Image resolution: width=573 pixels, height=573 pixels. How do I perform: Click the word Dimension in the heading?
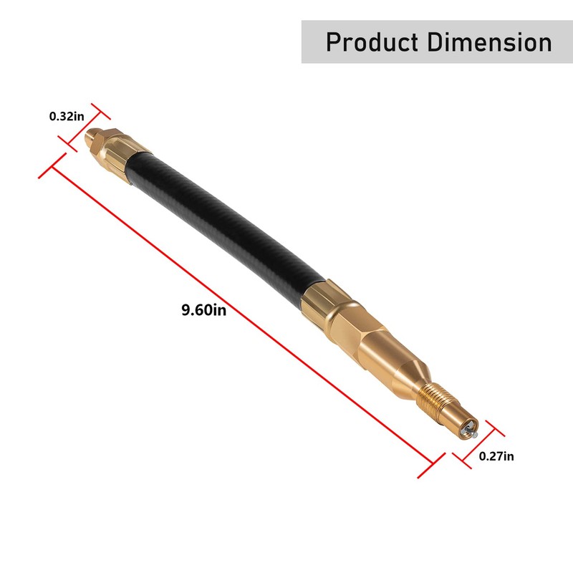point(491,42)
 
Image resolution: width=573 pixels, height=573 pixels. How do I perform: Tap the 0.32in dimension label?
point(66,116)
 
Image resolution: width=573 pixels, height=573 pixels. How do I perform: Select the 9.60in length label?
point(203,310)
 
